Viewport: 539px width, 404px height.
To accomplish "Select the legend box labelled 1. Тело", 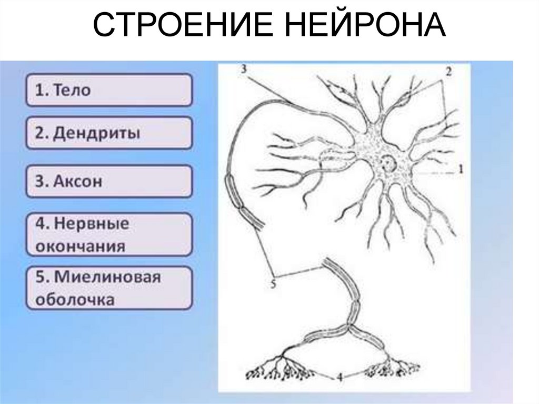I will coord(109,90).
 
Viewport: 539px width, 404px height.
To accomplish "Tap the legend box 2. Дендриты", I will coord(109,133).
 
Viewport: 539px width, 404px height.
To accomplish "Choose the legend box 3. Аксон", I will coord(109,181).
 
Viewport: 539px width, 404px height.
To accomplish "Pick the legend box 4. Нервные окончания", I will coord(109,234).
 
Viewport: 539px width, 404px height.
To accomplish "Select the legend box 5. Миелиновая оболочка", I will coord(109,288).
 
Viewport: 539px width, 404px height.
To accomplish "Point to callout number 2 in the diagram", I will coord(448,73).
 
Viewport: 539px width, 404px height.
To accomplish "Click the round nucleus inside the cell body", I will coord(389,163).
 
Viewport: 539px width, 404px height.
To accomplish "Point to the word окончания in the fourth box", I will coord(81,247).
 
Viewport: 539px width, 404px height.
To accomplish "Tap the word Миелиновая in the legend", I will coord(107,277).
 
